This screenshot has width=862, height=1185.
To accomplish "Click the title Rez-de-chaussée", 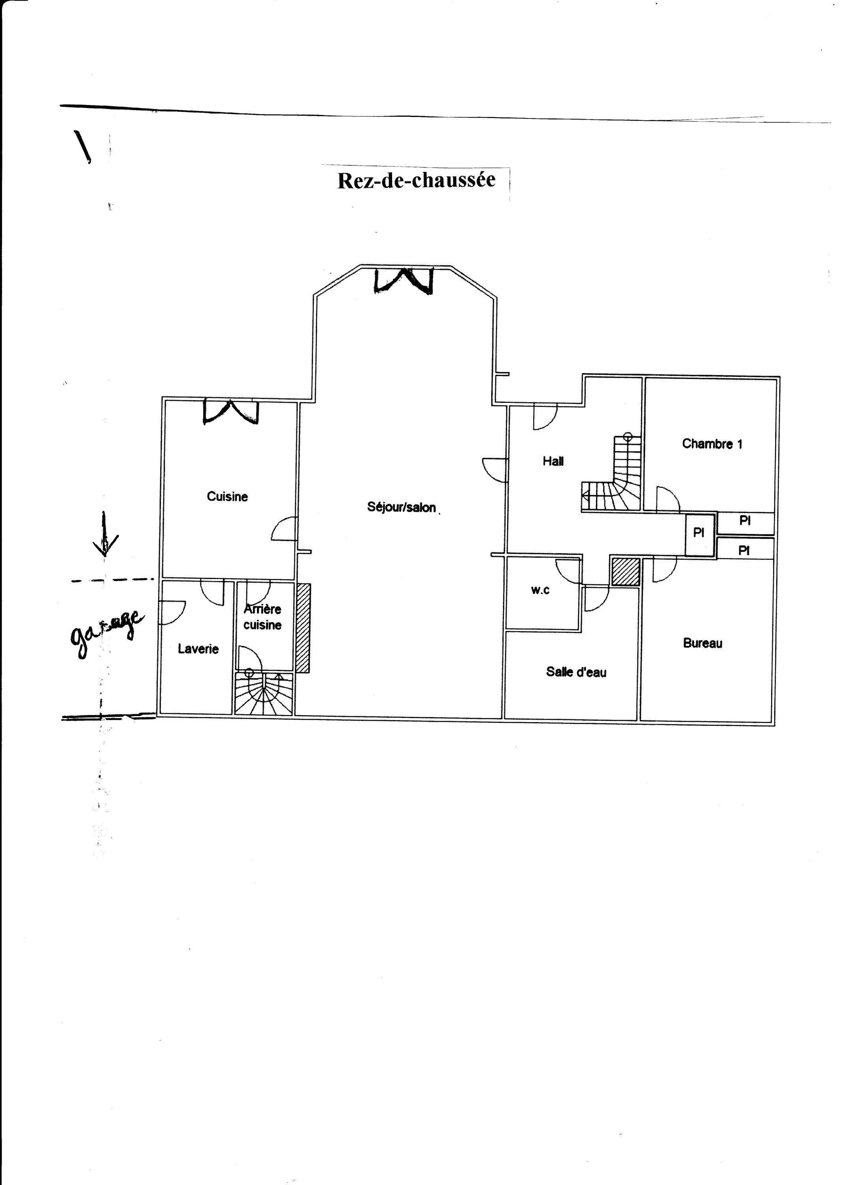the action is click(x=416, y=180).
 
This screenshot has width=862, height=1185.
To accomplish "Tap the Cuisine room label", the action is click(x=227, y=497).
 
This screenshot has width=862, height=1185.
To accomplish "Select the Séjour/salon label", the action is click(x=402, y=507).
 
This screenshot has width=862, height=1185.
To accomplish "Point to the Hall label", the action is click(x=553, y=461).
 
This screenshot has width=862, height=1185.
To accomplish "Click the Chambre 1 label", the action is click(x=712, y=444).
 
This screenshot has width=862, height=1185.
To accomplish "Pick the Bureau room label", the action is click(x=703, y=643).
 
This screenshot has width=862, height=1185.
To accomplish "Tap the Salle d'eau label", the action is click(x=576, y=672).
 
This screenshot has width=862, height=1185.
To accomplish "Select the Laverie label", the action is click(x=198, y=649).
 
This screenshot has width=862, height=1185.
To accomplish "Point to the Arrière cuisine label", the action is click(x=262, y=617).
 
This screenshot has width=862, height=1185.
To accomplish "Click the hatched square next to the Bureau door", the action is click(x=626, y=572).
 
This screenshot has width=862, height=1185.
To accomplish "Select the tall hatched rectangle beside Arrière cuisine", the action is click(x=303, y=628).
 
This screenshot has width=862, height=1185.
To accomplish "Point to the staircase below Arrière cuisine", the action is click(x=264, y=693).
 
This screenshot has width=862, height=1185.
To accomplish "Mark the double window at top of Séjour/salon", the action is click(x=404, y=280).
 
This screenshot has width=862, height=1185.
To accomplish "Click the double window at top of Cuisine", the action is click(x=230, y=411).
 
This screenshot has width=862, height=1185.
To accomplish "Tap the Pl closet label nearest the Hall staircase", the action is click(x=699, y=532).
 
